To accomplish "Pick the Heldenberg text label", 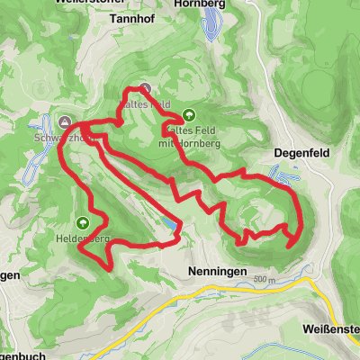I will [82, 239].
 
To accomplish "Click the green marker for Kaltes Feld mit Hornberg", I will [189, 115].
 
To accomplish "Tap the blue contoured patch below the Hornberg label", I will [212, 32].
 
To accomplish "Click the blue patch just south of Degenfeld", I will [285, 180].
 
